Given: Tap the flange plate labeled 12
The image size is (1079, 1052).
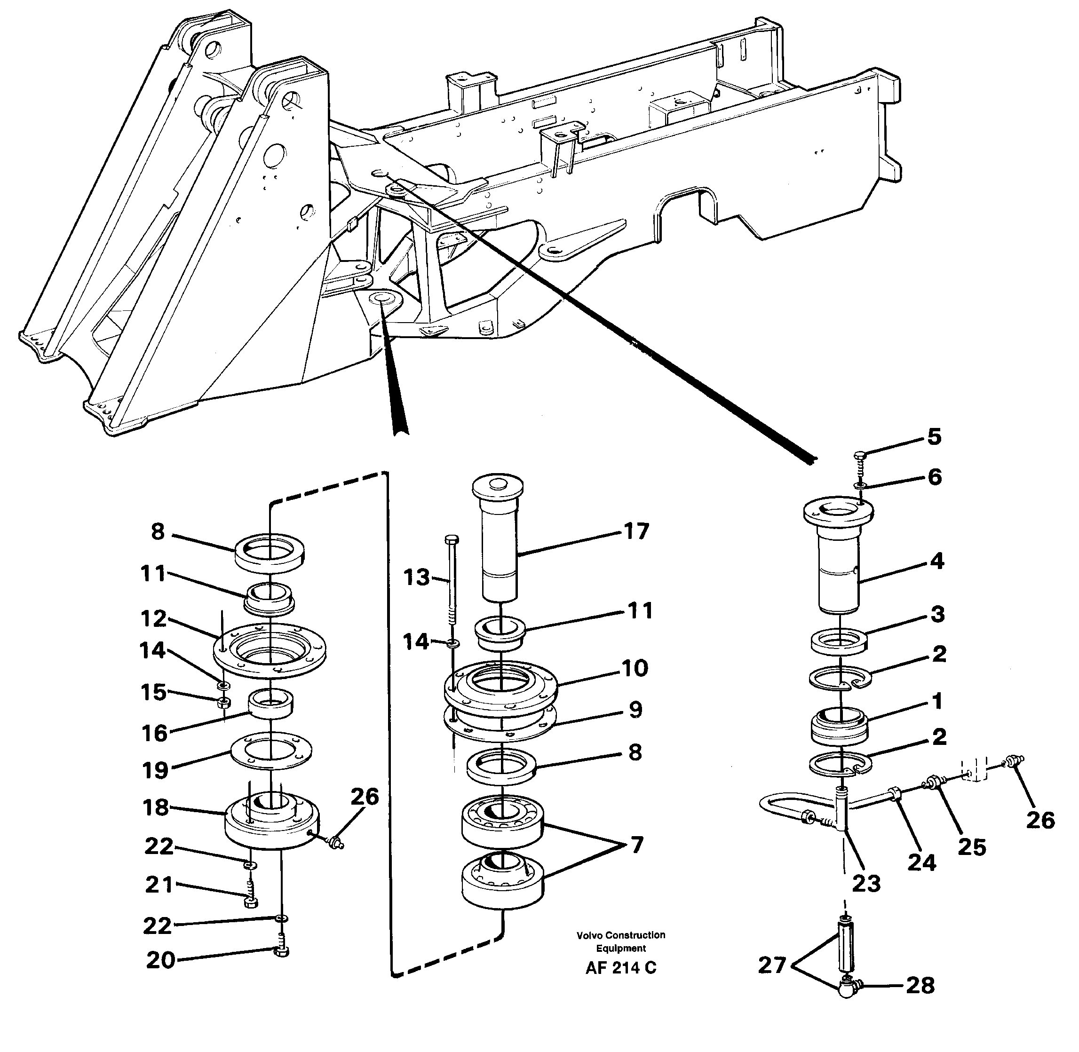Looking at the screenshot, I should point(270,652).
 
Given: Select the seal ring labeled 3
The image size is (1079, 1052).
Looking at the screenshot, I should point(839,642).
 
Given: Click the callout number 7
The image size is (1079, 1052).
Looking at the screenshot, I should point(636,846).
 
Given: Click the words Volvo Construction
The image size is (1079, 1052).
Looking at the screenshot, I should point(620,935).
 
